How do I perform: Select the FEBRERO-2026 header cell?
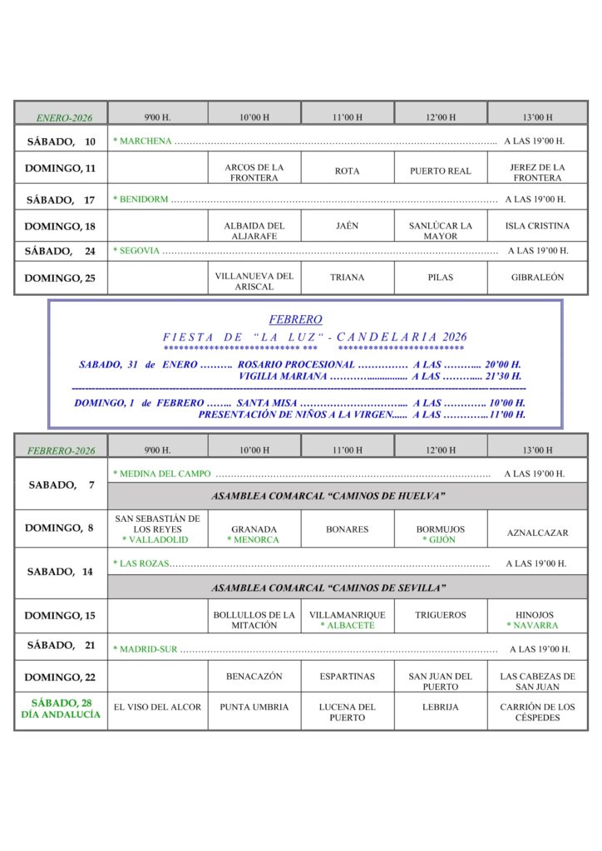tap(62, 450)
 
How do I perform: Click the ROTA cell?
tap(347, 171)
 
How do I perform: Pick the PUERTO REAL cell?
tap(440, 171)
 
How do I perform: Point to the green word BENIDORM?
tap(143, 199)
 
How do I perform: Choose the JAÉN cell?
tap(347, 226)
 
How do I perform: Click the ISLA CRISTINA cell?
tap(537, 226)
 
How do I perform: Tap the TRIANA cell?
tap(347, 278)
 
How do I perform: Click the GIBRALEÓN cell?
tap(537, 278)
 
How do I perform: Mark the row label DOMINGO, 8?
tap(59, 528)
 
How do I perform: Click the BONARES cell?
tap(347, 529)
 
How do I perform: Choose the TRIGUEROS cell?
tap(440, 616)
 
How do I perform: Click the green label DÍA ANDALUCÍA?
tap(61, 715)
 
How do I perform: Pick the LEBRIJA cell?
tap(440, 707)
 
